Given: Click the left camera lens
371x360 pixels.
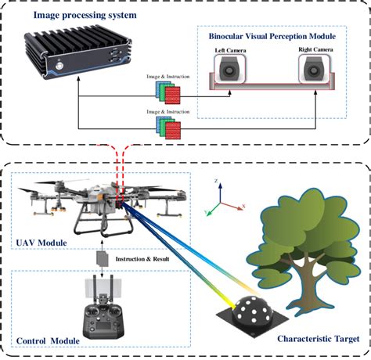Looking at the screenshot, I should point(229,71).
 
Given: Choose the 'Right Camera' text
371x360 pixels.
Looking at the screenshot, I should point(315,50).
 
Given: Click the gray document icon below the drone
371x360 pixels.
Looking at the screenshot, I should point(100,258).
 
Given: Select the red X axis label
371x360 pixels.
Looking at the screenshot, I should point(244,205).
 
